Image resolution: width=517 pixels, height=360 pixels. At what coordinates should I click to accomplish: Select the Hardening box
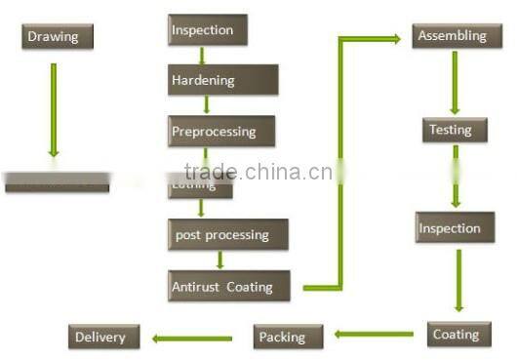[222, 80]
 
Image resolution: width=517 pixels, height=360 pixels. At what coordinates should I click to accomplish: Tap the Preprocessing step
[220, 131]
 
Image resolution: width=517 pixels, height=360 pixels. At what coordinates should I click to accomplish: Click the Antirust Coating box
[229, 286]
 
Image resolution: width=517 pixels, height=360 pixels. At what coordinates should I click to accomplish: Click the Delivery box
[104, 338]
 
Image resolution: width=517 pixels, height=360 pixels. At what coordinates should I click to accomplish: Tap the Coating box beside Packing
[456, 334]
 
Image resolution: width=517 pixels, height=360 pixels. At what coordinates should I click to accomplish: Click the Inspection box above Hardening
[207, 30]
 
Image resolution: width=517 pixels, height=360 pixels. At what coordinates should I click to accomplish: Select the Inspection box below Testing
[449, 228]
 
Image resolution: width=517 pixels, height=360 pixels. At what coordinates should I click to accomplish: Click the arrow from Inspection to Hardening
[202, 55]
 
